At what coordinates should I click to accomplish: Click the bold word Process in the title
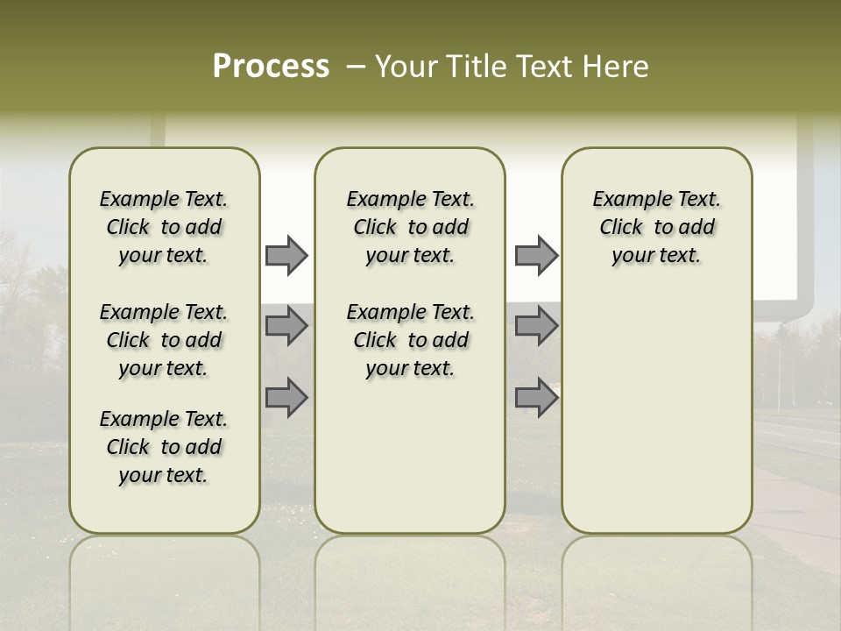coord(271,67)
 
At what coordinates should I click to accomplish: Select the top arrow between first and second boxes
coord(286,256)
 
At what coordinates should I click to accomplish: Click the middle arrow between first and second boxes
coord(286,326)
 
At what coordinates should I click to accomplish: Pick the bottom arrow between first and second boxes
coord(286,397)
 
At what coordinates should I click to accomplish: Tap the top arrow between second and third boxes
coord(536,256)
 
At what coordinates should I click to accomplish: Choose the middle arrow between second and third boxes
coord(536,326)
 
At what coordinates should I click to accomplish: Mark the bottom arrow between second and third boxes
coord(536,397)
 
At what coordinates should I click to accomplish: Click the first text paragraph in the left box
coord(164,227)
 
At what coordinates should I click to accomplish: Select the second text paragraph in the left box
coord(164,340)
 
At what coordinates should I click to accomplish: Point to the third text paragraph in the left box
coord(164,447)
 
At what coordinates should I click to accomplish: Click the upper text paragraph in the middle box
coord(410,227)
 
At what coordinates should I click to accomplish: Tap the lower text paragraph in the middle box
coord(410,340)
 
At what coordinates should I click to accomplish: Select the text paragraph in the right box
coord(657,227)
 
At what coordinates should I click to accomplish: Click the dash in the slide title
coord(356,67)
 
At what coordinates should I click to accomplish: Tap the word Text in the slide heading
coord(547,67)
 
